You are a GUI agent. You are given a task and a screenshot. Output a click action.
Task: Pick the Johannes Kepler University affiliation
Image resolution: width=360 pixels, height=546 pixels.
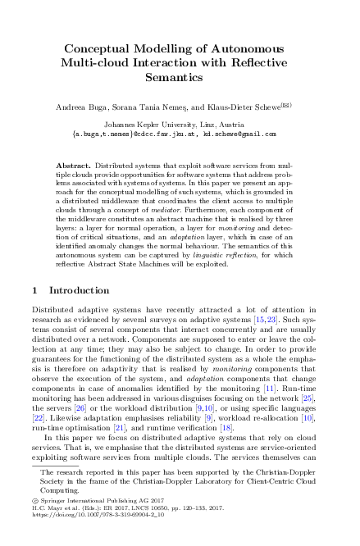tap(180, 124)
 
